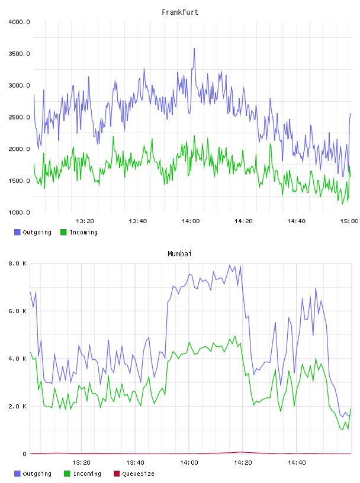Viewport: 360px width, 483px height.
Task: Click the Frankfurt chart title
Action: [x=180, y=12]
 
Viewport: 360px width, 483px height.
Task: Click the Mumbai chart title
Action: [x=179, y=253]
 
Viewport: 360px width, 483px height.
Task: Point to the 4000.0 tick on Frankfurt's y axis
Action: [x=19, y=22]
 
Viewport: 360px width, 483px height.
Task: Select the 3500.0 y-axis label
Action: [x=19, y=54]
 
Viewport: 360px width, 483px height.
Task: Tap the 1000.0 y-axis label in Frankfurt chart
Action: [x=19, y=212]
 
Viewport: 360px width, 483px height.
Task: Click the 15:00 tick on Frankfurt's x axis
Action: [x=349, y=221]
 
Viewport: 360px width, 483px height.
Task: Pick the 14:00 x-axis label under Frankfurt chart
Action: [x=191, y=221]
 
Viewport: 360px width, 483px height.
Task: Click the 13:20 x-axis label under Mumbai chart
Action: [x=81, y=462]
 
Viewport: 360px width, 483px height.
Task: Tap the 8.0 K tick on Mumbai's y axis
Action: [x=17, y=263]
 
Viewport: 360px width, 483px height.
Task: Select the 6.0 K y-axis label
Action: [x=17, y=311]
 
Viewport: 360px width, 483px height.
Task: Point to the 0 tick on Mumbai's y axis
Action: [x=24, y=454]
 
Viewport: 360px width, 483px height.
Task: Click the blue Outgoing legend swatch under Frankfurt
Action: [x=17, y=232]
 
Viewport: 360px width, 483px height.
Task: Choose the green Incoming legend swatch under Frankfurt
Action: [x=63, y=232]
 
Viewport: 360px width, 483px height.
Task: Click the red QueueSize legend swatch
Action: [x=117, y=474]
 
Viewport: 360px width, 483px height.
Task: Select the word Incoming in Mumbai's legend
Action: [x=87, y=474]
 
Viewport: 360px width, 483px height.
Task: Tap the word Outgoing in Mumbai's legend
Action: [x=37, y=474]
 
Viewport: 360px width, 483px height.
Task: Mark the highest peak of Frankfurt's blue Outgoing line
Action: [x=194, y=49]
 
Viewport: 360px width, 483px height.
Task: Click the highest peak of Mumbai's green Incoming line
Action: [x=235, y=336]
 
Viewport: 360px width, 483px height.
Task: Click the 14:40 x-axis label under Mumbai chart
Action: [x=297, y=462]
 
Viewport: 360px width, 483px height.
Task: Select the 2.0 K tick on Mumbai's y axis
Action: [x=17, y=406]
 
